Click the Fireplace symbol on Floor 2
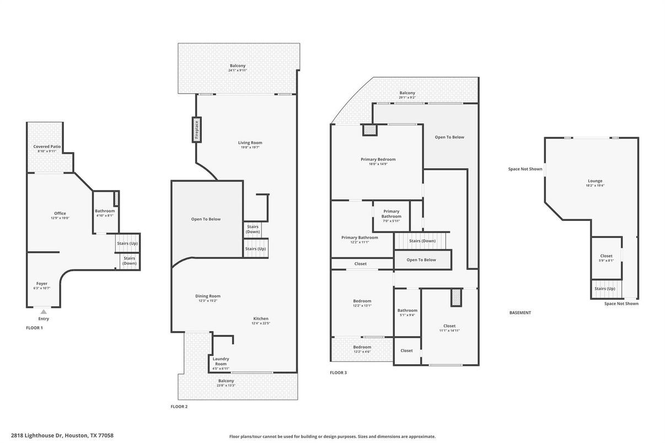tap(196, 129)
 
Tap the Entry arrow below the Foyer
tap(44, 312)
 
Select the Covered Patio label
tap(47, 147)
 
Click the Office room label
tap(60, 213)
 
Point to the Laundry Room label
tap(221, 361)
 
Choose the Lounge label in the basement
tap(595, 181)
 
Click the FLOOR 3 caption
tap(338, 372)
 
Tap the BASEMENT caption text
tap(520, 312)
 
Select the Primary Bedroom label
tap(378, 159)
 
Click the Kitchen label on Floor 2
tap(261, 318)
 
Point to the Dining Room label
tap(208, 296)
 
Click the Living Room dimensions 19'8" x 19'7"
tap(250, 147)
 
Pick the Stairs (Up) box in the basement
tap(605, 289)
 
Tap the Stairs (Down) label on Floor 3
tap(422, 241)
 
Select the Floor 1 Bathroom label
tap(105, 210)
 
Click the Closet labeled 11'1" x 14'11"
tap(449, 328)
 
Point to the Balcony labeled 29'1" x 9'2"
tap(407, 95)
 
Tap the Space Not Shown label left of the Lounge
tap(525, 169)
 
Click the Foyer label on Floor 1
tap(42, 283)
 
